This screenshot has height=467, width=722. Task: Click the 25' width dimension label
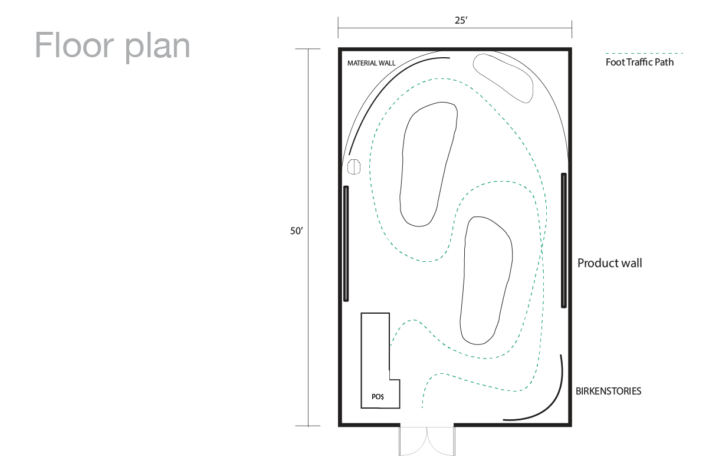(461, 21)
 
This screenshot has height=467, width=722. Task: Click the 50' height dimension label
(297, 231)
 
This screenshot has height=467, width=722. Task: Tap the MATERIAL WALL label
(371, 63)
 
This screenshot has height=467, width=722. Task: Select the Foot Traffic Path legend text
(639, 62)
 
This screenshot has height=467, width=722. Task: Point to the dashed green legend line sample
(644, 53)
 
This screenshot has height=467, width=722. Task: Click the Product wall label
(609, 263)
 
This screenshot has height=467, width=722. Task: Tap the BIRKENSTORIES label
(608, 391)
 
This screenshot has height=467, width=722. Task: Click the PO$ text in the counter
(378, 396)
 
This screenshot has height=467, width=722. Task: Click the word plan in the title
(157, 48)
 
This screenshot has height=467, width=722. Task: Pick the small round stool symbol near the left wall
(353, 167)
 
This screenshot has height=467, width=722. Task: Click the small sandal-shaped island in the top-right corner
(503, 78)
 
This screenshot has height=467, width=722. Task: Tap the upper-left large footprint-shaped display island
(428, 165)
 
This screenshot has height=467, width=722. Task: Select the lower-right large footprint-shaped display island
(486, 281)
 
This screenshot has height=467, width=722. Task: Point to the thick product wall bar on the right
(564, 241)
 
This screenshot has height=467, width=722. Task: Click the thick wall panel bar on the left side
(346, 244)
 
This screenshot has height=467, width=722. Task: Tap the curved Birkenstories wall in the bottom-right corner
(552, 403)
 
